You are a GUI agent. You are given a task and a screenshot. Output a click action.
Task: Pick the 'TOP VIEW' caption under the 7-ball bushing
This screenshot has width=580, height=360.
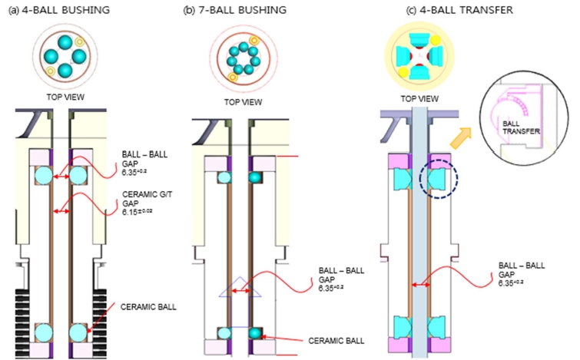[x=242, y=102]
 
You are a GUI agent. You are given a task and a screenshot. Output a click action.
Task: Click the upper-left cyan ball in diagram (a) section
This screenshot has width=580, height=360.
[x=42, y=175]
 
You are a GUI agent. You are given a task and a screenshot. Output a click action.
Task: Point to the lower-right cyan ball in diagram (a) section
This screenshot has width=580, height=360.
[x=79, y=332]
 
